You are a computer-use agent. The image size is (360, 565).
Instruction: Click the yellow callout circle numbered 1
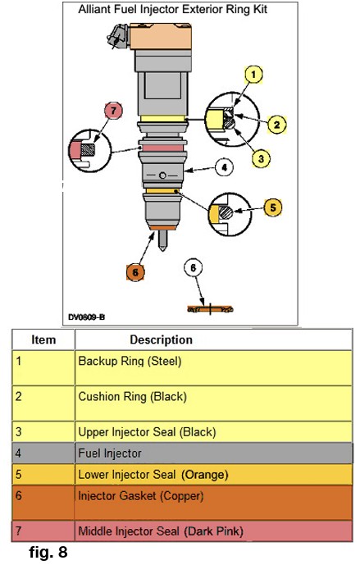[x=253, y=75]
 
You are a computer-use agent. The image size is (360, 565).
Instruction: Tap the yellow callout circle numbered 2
[x=276, y=125]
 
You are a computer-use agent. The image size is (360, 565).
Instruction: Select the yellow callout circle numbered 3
[x=262, y=158]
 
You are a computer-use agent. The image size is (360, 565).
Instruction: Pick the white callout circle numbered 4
[x=224, y=167]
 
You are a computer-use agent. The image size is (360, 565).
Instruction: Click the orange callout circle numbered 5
[x=273, y=207]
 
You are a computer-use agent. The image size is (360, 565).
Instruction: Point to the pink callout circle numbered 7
[x=113, y=111]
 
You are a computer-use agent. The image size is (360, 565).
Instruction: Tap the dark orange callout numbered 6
[x=135, y=272]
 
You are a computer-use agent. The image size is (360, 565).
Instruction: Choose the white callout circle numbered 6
[x=193, y=267]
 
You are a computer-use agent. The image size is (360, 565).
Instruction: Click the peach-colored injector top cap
[x=161, y=36]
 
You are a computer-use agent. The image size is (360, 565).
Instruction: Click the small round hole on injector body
[x=162, y=175]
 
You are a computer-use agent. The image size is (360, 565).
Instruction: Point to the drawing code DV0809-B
[x=86, y=317]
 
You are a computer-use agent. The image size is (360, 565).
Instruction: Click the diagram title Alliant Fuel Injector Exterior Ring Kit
[x=172, y=9]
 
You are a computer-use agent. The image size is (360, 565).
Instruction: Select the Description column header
[x=161, y=339]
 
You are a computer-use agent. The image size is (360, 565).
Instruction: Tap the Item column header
[x=43, y=339]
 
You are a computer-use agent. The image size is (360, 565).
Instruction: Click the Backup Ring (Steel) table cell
[x=213, y=367]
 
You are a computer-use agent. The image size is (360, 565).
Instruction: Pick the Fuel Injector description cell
[x=213, y=453]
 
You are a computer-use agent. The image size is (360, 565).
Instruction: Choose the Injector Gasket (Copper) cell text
[x=141, y=496]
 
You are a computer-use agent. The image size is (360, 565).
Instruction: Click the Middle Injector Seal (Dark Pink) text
[x=161, y=531]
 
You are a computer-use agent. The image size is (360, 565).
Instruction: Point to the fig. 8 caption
[x=48, y=551]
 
